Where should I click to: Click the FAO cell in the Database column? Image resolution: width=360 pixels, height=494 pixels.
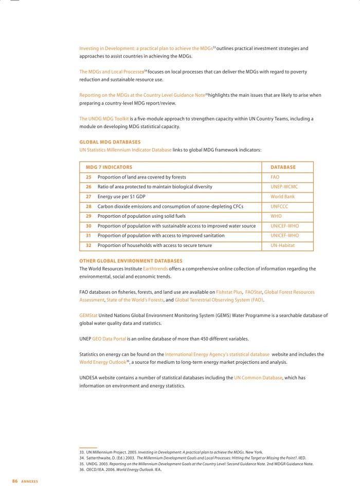(x=275, y=177)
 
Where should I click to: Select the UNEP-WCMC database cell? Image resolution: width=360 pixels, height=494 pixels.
(x=284, y=187)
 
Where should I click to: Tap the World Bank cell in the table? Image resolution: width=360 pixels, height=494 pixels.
(x=282, y=197)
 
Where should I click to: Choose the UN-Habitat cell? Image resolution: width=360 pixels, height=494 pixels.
(x=283, y=245)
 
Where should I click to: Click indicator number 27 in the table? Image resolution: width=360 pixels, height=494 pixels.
(x=88, y=197)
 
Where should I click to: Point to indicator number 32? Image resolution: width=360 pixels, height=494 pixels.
(x=88, y=245)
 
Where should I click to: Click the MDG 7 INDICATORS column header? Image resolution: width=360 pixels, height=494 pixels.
(x=109, y=167)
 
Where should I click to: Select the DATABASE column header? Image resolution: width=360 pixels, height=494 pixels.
(x=283, y=167)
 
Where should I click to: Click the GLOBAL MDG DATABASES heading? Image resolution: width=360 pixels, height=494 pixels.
(x=110, y=142)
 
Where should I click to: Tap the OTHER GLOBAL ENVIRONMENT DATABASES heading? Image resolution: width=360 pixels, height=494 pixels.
(x=131, y=261)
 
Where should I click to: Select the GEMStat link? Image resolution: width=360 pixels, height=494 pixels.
(x=88, y=315)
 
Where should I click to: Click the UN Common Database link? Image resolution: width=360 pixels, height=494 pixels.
(x=258, y=377)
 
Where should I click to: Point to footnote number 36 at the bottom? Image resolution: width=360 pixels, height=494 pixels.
(x=82, y=469)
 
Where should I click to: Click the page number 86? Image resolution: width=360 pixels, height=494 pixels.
(x=15, y=481)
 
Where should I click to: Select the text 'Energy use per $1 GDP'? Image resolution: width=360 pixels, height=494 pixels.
(x=121, y=197)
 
